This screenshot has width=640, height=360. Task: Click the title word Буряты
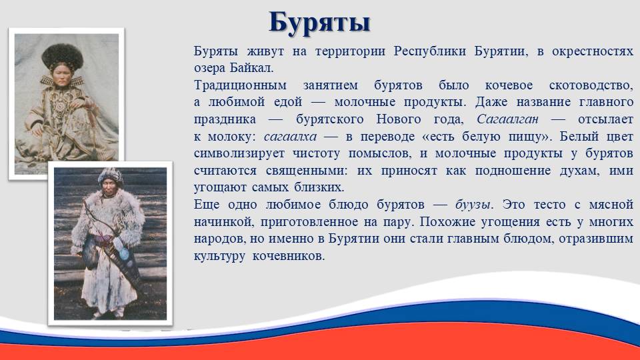319,23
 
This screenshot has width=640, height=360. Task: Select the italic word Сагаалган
507,119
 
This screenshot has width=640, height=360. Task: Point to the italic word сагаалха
290,136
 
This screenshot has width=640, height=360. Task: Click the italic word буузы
473,205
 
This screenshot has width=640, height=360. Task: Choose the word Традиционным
240,85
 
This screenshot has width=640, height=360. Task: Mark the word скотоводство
591,85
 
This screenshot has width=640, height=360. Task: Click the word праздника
225,119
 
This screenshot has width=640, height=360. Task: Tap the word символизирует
239,153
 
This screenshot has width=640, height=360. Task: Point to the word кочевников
288,256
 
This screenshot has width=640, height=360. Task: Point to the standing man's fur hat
110,175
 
